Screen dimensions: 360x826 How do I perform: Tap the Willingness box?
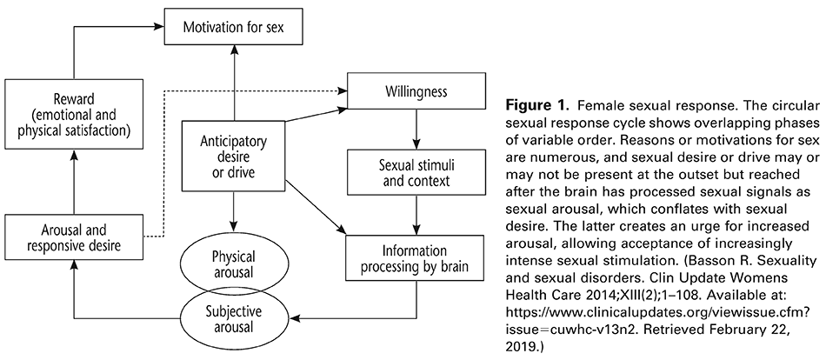pos(416,90)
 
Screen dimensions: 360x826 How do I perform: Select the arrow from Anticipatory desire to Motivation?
pos(233,86)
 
